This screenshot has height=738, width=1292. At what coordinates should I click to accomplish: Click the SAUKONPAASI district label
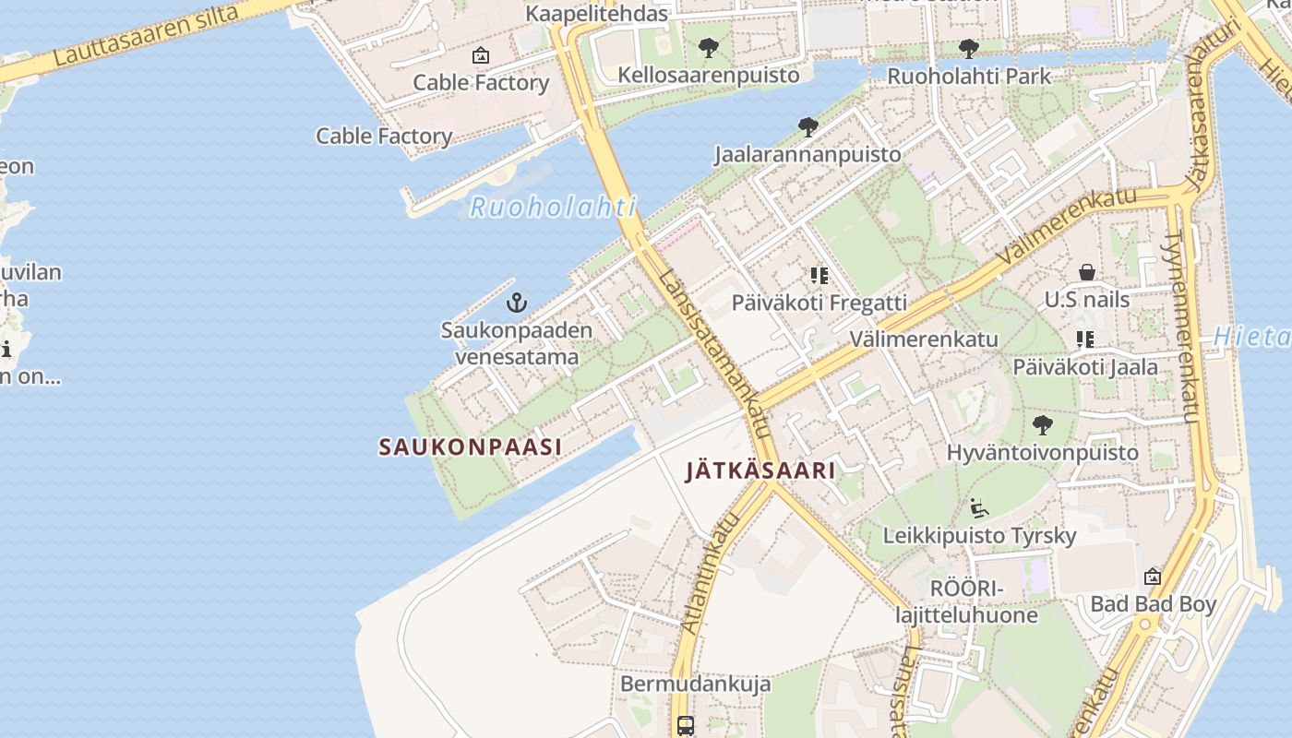pyautogui.click(x=470, y=447)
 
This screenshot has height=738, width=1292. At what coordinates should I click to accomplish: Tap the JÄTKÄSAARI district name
pyautogui.click(x=760, y=470)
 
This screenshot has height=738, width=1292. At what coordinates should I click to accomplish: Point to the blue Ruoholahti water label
pyautogui.click(x=553, y=207)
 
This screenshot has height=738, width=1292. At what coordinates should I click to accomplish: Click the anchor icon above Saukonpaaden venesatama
pyautogui.click(x=517, y=302)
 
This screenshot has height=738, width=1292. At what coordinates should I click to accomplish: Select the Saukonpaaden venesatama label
pyautogui.click(x=516, y=343)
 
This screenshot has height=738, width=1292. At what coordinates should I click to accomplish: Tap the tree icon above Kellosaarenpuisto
pyautogui.click(x=708, y=47)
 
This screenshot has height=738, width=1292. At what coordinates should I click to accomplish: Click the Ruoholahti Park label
pyautogui.click(x=968, y=76)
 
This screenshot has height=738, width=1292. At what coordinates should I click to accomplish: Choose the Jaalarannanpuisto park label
pyautogui.click(x=807, y=154)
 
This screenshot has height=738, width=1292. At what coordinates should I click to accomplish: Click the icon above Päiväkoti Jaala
pyautogui.click(x=1085, y=339)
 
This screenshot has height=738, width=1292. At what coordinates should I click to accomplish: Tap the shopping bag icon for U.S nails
pyautogui.click(x=1087, y=272)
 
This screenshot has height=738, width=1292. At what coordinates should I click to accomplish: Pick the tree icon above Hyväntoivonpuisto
pyautogui.click(x=1043, y=425)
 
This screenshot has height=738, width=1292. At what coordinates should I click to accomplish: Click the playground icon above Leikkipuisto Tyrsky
pyautogui.click(x=979, y=508)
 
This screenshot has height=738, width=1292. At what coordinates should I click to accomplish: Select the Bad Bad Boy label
pyautogui.click(x=1153, y=604)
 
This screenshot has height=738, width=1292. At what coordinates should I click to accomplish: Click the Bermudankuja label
pyautogui.click(x=695, y=684)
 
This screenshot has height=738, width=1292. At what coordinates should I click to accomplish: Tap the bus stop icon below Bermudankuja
pyautogui.click(x=685, y=725)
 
